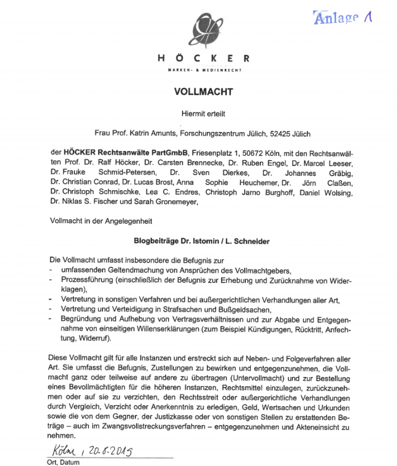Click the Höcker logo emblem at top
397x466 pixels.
[202, 31]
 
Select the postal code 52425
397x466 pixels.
[281, 134]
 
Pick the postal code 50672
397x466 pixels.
[255, 153]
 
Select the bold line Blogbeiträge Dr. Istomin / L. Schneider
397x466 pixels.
[202, 242]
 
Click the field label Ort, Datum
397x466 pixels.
[64, 462]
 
